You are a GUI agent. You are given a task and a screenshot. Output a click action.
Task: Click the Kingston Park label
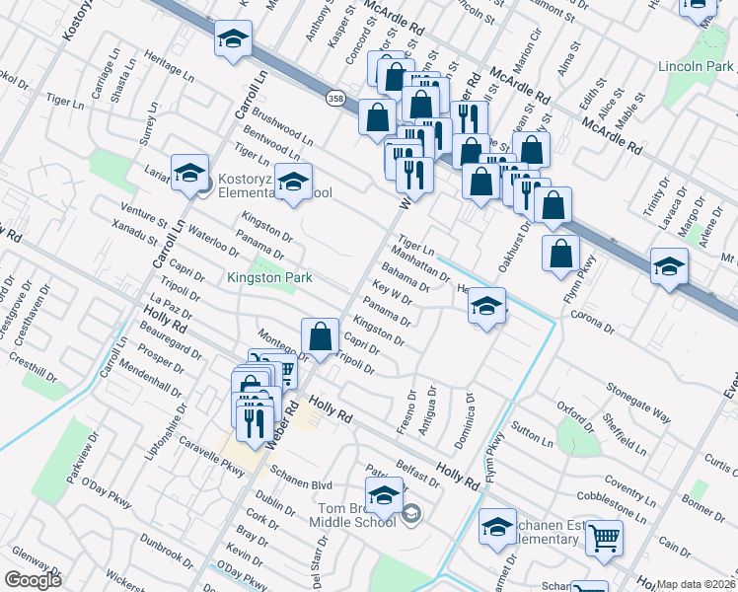[269, 278]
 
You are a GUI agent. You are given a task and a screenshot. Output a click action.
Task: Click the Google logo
[33, 580]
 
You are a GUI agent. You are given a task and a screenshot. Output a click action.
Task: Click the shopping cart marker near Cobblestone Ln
[604, 539]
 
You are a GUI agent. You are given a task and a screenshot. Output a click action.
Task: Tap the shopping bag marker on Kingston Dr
[321, 335]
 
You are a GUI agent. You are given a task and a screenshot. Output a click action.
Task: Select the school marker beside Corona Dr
[486, 306]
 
